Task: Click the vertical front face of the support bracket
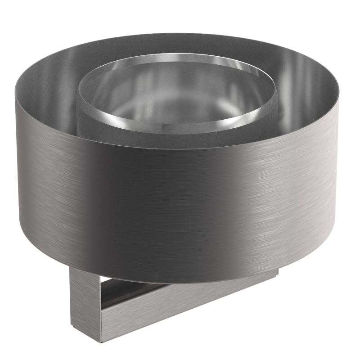point(85,297)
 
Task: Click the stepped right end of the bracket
point(274,272)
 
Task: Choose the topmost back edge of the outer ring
point(175,33)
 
